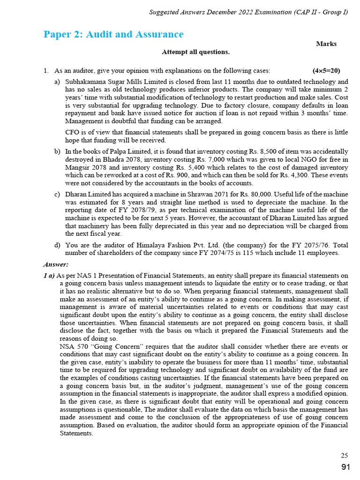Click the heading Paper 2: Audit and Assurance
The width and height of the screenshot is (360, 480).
point(113,35)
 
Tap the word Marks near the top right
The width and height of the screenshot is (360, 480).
point(326,44)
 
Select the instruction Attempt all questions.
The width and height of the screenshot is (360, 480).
point(195,52)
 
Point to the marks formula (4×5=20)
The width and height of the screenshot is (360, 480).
point(326,71)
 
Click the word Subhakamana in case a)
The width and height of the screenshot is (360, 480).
point(86,82)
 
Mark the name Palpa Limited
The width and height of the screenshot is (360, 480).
point(118,151)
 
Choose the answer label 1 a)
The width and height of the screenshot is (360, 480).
point(49,275)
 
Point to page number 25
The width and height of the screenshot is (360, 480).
point(344,455)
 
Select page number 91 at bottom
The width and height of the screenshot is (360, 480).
point(345,467)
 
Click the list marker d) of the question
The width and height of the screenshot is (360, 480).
point(57,245)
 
